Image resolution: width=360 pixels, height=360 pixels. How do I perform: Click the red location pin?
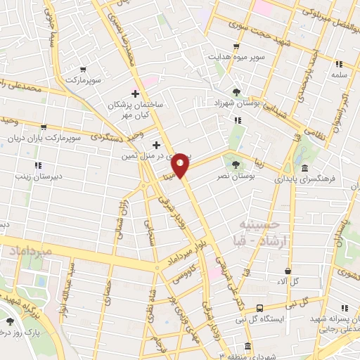click(x=181, y=165)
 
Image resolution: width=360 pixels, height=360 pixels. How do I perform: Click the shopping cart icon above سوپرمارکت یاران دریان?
click(x=44, y=127)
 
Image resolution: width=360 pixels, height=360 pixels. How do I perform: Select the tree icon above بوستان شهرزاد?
click(x=236, y=92)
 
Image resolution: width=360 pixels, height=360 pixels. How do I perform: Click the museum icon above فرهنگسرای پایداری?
click(x=304, y=169)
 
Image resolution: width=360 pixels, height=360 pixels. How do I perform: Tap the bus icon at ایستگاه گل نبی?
click(x=260, y=308)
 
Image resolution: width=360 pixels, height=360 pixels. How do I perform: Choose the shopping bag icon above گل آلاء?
click(x=288, y=271)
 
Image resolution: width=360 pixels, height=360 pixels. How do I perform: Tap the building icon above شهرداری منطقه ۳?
click(x=247, y=346)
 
